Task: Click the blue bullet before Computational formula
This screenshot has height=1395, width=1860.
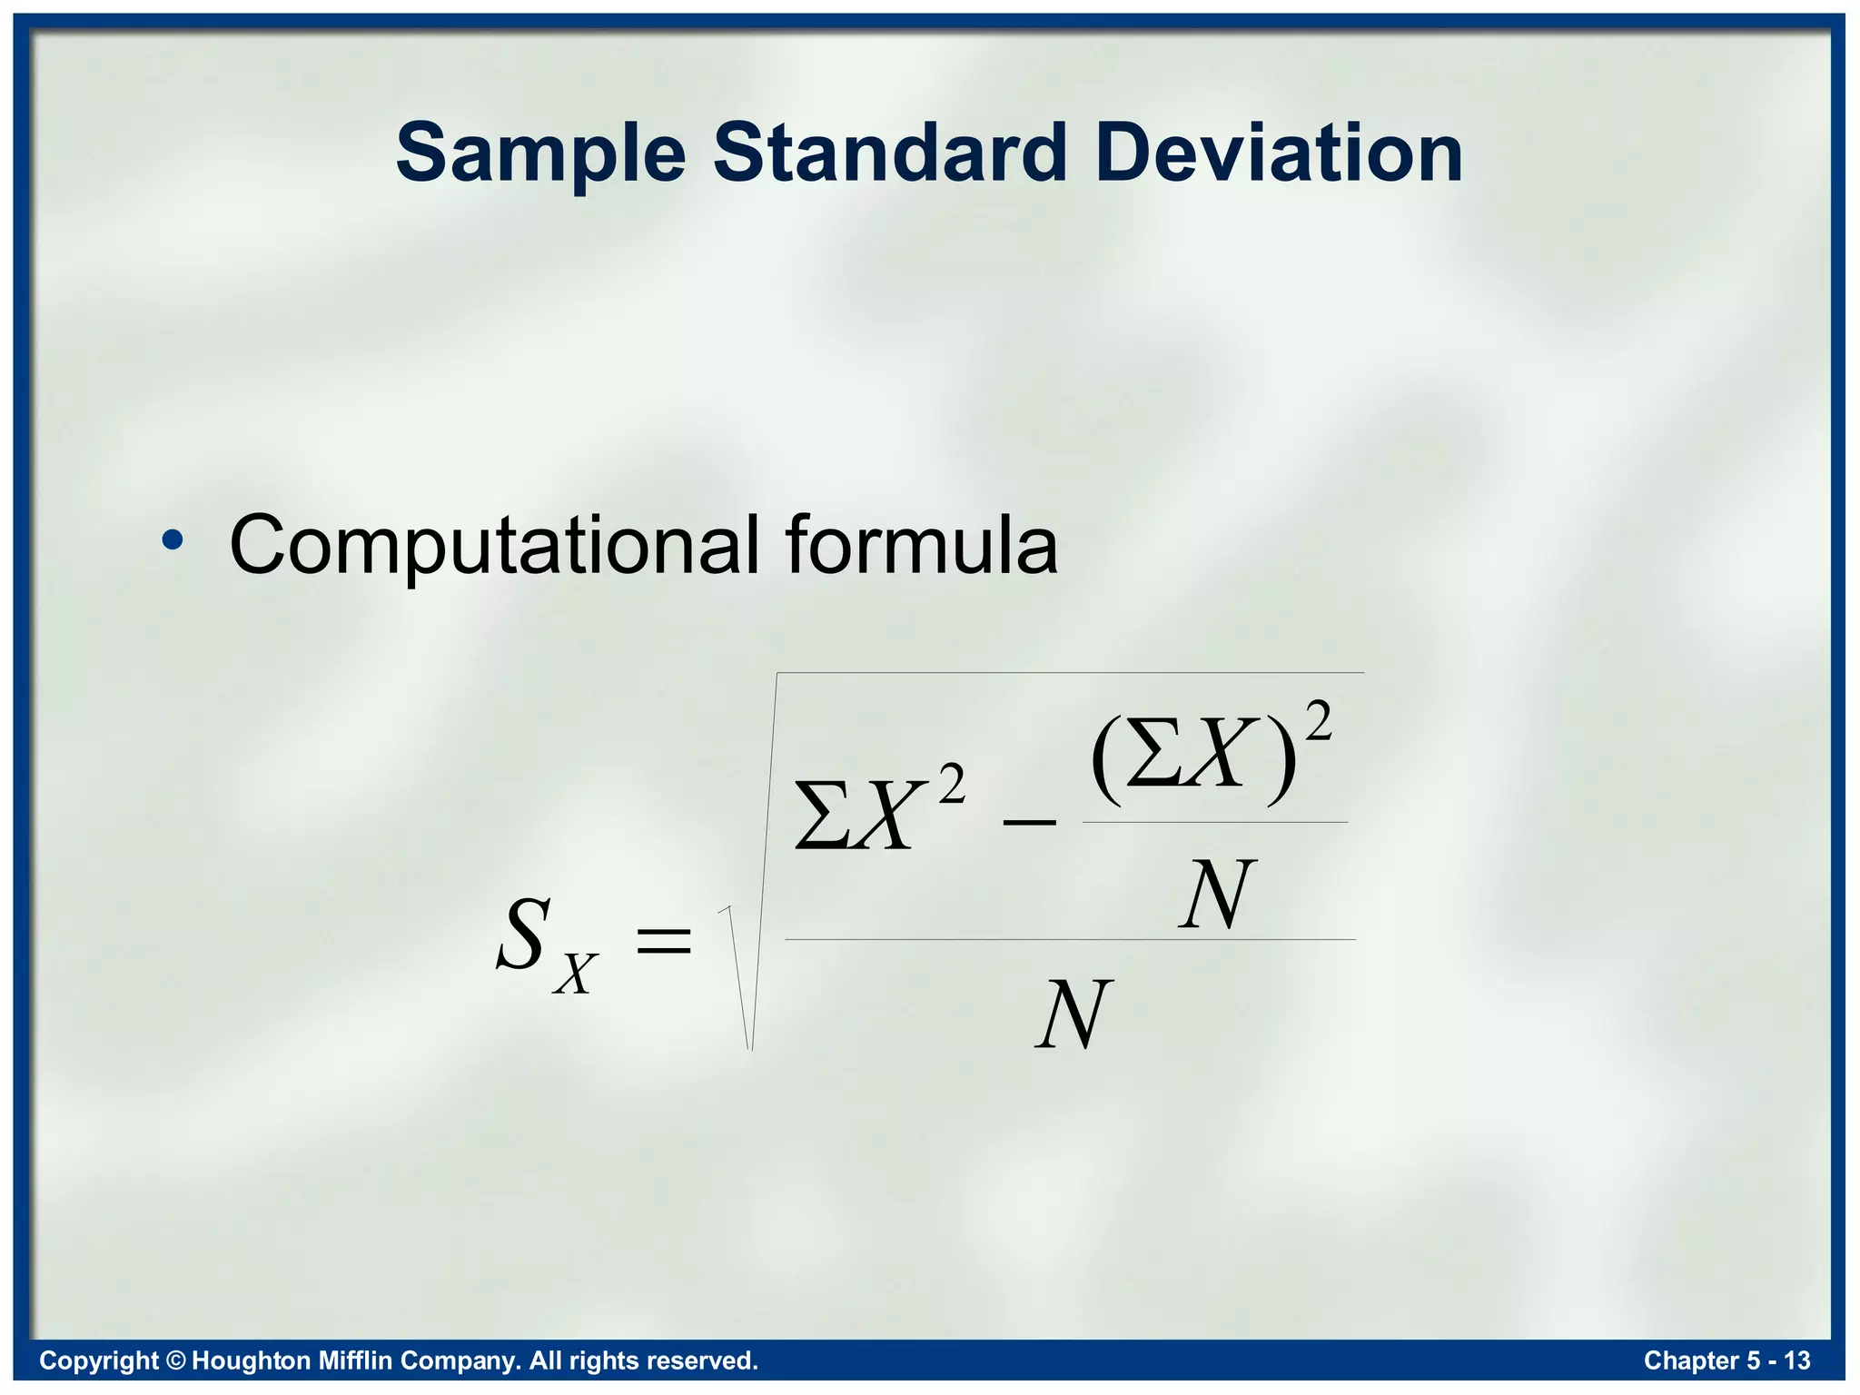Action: (x=172, y=541)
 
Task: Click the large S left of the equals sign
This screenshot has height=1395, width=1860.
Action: (x=523, y=935)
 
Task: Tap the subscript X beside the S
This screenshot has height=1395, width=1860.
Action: (x=576, y=975)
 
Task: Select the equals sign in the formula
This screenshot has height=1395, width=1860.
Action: (x=664, y=940)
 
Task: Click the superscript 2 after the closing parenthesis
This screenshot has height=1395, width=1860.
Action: (x=1317, y=722)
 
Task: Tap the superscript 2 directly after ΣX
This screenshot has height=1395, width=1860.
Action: (x=951, y=784)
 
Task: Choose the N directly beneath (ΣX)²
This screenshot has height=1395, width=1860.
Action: (x=1217, y=895)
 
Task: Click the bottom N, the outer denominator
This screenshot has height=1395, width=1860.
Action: (x=1073, y=1014)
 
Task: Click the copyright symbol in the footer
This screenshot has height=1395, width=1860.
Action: (x=175, y=1360)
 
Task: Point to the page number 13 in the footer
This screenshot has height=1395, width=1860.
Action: (x=1796, y=1360)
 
